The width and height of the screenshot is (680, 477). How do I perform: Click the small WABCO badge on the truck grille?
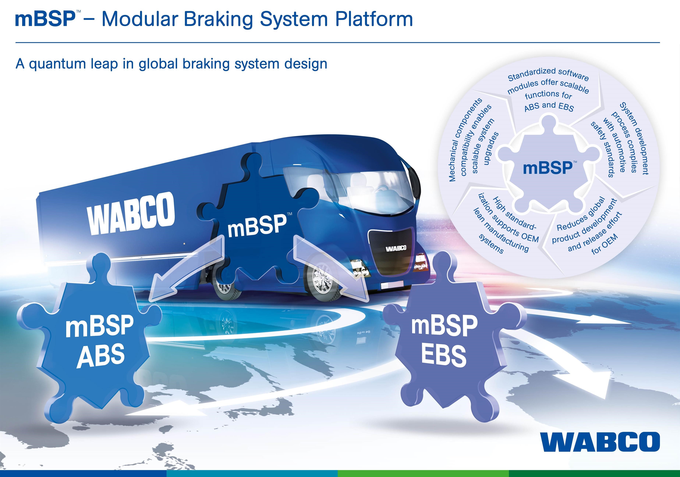coord(396,248)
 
